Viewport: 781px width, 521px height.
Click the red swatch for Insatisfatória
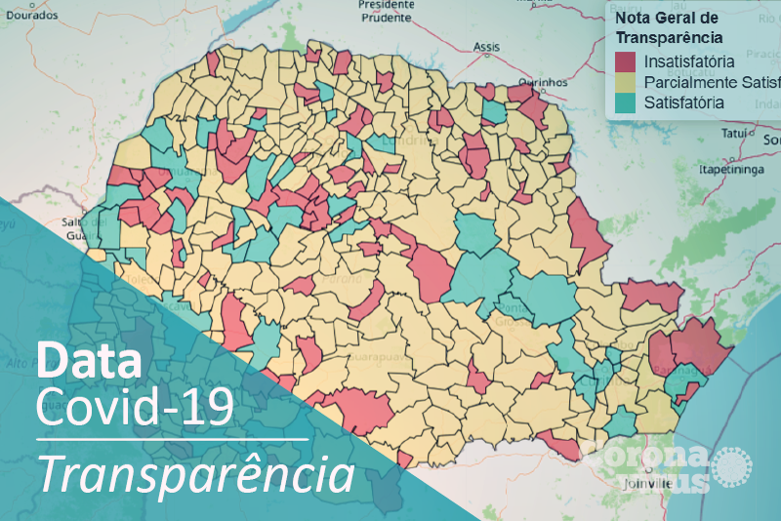point(625,63)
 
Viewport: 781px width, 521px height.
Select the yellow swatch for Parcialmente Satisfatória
point(625,83)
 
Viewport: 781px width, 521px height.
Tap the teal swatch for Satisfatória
point(625,102)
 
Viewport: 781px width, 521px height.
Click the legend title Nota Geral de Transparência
point(669,28)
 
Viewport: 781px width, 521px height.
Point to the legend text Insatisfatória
point(689,63)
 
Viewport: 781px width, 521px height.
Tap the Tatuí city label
point(733,133)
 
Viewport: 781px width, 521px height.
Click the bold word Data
point(89,360)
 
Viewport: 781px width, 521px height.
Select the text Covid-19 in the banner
point(135,407)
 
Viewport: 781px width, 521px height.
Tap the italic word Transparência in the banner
point(195,474)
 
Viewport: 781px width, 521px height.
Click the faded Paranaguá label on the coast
point(682,371)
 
